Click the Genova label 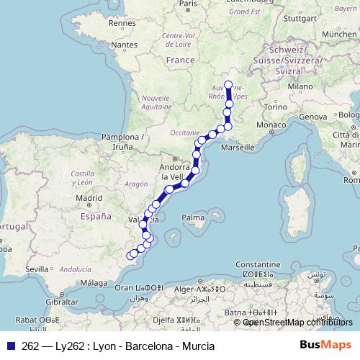tap(313, 117)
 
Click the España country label tap(96, 215)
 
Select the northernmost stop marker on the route tap(228, 86)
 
